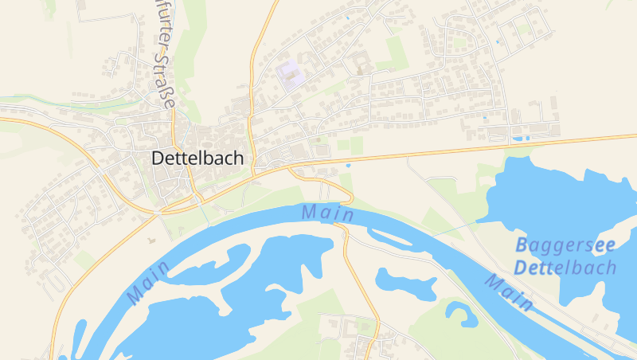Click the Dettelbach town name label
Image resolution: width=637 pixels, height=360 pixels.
coord(197,158)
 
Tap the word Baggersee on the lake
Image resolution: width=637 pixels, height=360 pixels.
coord(565,245)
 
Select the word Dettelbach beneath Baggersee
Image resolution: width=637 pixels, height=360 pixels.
coord(565,268)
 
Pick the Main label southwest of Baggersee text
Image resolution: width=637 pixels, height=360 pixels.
coord(509,292)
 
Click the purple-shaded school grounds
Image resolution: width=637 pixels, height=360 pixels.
coord(291,72)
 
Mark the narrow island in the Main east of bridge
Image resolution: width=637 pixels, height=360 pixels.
coord(390,236)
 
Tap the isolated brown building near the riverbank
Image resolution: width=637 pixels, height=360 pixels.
coord(151,238)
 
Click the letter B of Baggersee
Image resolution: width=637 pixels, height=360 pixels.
coord(521,245)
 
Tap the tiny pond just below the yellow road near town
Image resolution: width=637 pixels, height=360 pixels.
coord(348,166)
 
